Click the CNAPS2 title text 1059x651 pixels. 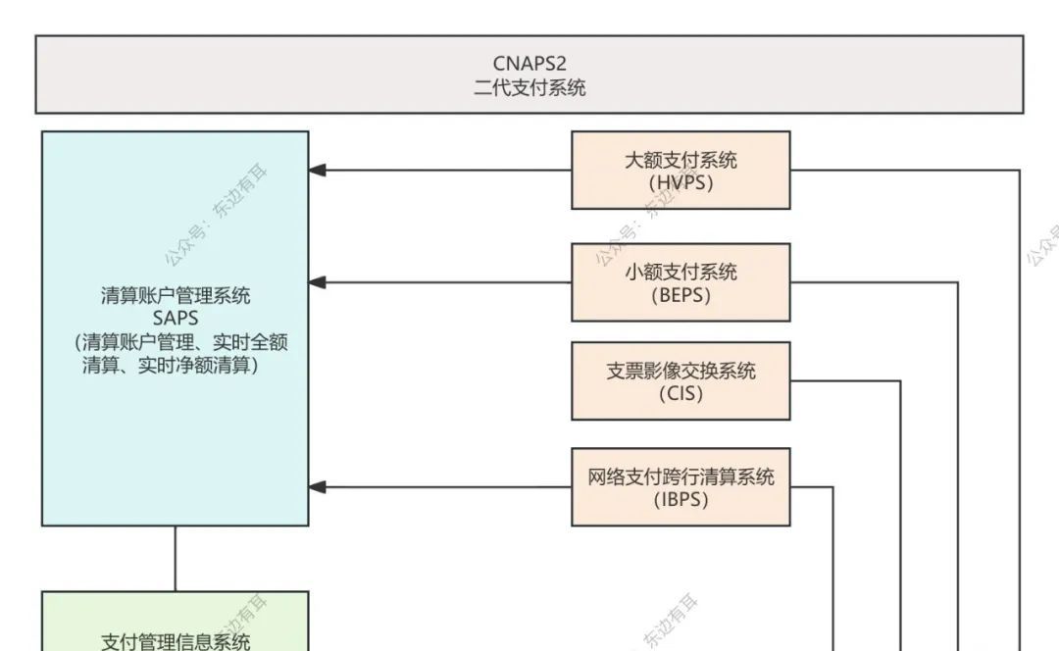(529, 65)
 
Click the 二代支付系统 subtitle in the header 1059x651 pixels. (529, 87)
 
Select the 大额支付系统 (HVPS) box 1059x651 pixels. (681, 170)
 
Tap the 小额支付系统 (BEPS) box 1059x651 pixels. (681, 282)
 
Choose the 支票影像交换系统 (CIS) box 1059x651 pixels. (681, 381)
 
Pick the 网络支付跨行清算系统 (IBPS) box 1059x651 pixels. (681, 487)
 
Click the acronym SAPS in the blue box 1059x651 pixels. (176, 318)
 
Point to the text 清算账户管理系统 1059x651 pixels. (176, 295)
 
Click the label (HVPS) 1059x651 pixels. (681, 182)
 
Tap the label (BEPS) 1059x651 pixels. (681, 295)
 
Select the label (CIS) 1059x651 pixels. (681, 394)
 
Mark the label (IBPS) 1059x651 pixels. (681, 500)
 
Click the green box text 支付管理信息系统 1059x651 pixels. (176, 641)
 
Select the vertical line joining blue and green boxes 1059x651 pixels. (176, 558)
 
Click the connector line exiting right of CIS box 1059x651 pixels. (843, 381)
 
